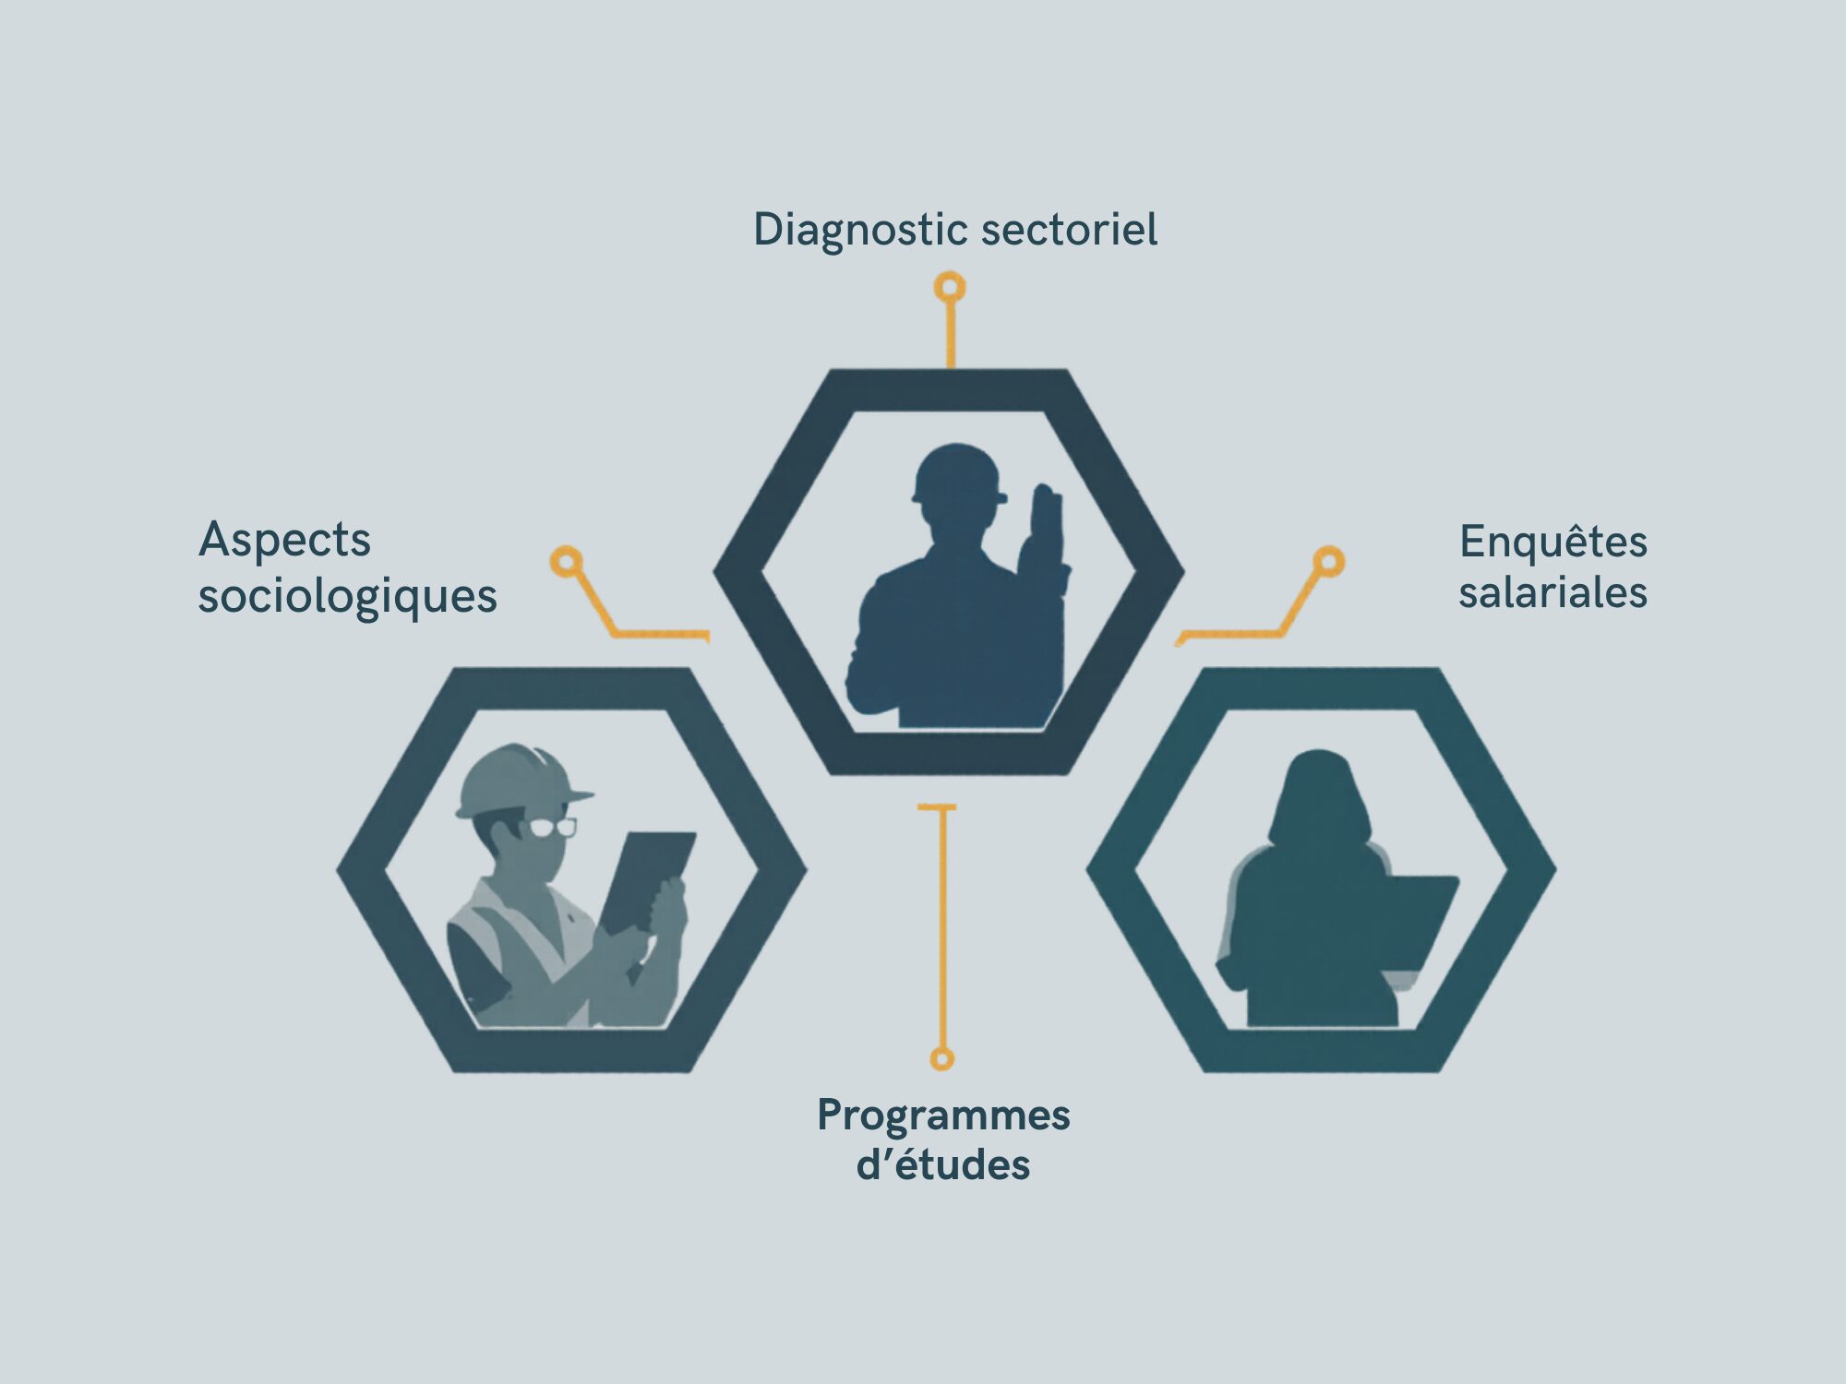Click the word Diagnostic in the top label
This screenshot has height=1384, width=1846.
pos(861,230)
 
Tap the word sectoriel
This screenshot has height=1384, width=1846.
pos(1069,229)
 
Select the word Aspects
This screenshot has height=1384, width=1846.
pos(284,540)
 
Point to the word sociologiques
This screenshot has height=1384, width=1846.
pos(348,596)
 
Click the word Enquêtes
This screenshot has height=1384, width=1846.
pos(1553,542)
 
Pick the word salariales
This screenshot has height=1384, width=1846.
pos(1553,592)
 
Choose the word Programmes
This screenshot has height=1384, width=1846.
pos(943,1116)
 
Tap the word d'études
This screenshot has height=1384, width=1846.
pos(943,1165)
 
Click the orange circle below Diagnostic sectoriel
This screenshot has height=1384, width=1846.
pos(950,288)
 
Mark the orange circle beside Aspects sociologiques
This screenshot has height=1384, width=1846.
pos(567,561)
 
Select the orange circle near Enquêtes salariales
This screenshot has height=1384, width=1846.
pos(1328,561)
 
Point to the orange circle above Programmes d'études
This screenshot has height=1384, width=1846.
pos(941,1058)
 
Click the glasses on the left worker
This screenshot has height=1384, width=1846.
pos(552,827)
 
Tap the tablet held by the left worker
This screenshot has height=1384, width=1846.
pos(646,877)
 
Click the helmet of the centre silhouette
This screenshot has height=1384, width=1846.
pos(957,473)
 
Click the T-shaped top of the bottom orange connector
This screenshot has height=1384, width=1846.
pos(937,808)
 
